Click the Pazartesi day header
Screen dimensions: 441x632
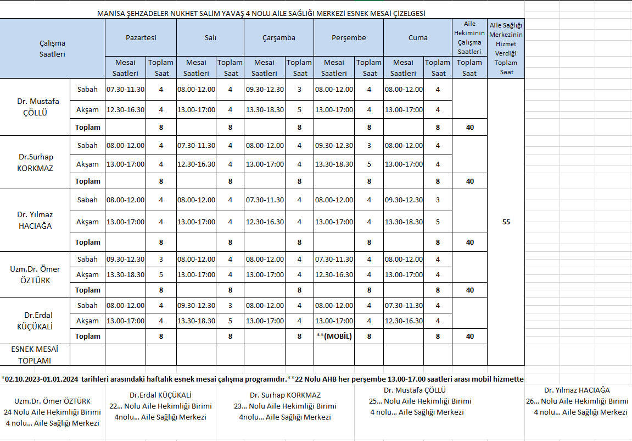click(141, 37)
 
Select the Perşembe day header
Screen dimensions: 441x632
click(349, 37)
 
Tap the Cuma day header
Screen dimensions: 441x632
click(418, 37)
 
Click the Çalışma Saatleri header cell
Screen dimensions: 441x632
click(52, 48)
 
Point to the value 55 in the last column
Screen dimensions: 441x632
click(506, 222)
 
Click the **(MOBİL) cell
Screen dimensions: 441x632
click(334, 336)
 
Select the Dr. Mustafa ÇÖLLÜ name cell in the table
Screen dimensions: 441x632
click(38, 107)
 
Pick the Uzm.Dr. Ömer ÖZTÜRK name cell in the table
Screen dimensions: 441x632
click(35, 274)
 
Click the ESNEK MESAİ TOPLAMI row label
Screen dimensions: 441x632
click(35, 355)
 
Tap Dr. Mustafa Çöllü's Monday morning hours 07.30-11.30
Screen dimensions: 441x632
click(125, 89)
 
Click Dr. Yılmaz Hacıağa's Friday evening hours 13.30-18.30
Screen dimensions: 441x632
click(404, 222)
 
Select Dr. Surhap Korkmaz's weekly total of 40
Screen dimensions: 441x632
click(469, 181)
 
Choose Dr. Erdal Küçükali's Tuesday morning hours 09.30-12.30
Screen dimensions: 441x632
click(196, 305)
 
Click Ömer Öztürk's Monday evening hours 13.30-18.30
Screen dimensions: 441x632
click(125, 274)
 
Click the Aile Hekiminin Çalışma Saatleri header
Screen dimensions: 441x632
click(469, 37)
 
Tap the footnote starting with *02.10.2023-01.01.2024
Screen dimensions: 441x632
click(262, 379)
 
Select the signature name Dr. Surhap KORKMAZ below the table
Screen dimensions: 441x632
click(285, 395)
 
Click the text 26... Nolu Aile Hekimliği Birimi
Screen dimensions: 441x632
click(577, 401)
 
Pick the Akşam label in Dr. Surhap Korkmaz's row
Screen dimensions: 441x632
click(88, 164)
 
